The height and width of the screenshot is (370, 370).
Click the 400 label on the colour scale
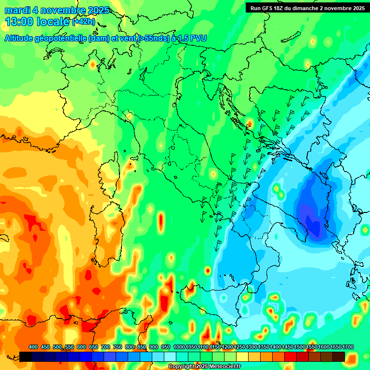(33, 347)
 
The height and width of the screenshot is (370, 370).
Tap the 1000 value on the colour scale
(179, 347)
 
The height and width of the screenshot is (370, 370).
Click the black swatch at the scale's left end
(26, 357)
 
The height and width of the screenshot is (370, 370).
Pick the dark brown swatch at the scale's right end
(339, 357)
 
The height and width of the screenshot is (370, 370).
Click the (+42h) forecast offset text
(83, 22)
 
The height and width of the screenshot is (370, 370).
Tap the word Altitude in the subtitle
(21, 39)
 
